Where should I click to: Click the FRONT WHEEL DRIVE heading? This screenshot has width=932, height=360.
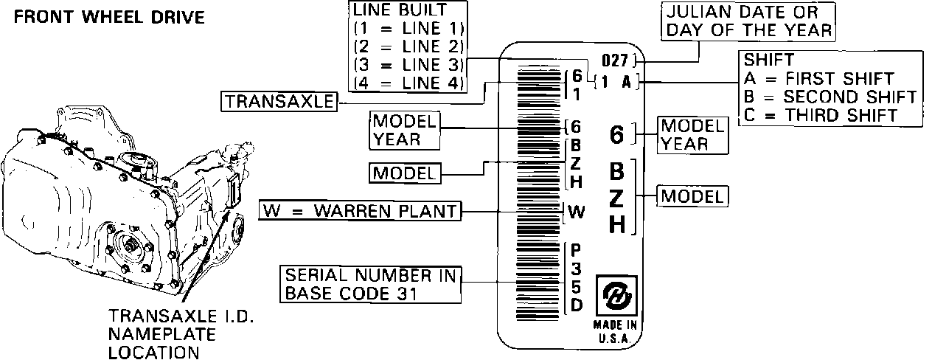[109, 17]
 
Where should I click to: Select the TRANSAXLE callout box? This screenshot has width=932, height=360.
[278, 102]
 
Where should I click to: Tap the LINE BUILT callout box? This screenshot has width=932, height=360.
[408, 46]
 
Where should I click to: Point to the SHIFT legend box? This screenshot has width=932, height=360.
[830, 88]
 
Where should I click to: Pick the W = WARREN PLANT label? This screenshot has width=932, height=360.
[359, 211]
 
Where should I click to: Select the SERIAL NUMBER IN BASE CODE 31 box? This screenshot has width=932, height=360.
[368, 284]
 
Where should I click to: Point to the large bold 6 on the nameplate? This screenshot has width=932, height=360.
[618, 134]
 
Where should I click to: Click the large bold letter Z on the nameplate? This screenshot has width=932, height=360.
[617, 198]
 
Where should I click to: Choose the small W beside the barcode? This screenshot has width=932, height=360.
[576, 212]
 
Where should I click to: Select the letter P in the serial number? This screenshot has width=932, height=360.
[576, 250]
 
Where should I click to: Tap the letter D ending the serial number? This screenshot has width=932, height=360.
[576, 303]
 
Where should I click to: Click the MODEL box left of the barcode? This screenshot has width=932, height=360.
[404, 173]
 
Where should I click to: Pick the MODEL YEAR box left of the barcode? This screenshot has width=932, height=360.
[404, 130]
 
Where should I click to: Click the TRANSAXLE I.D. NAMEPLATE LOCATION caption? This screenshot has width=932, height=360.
[181, 334]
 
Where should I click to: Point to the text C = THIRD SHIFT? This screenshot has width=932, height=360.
[819, 114]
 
